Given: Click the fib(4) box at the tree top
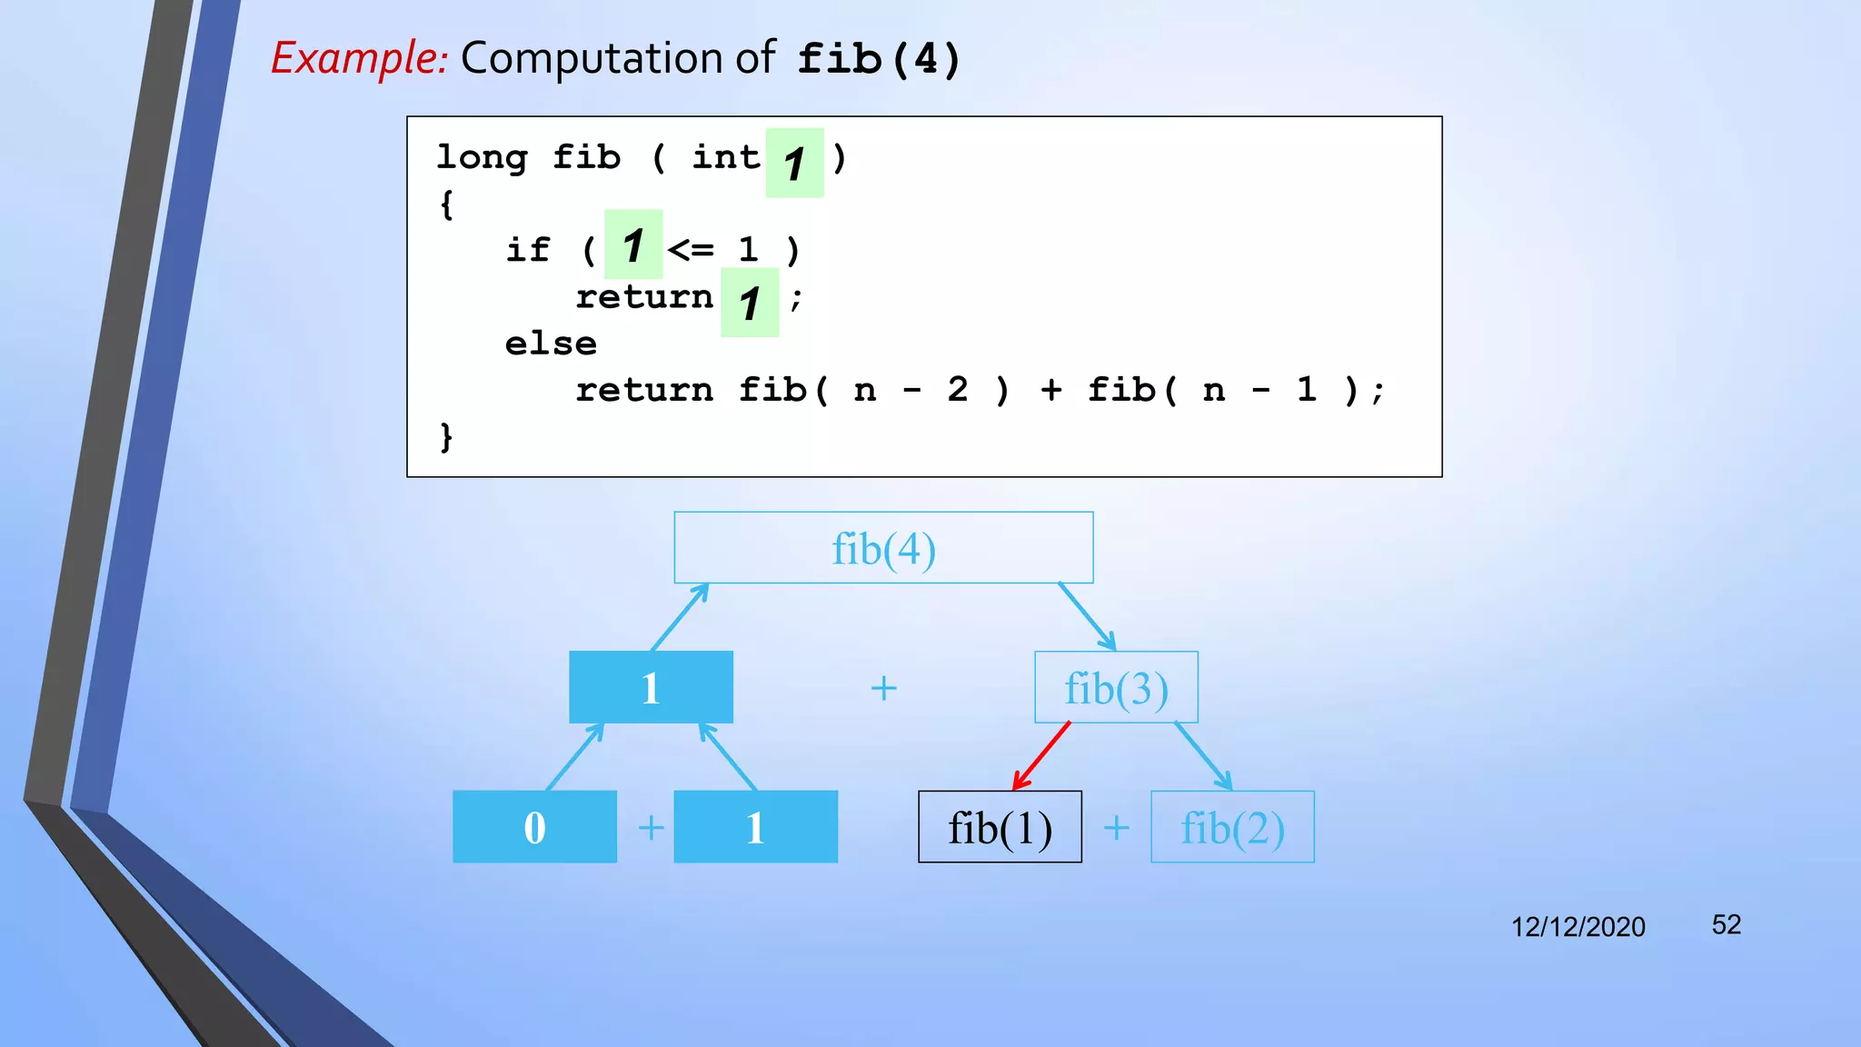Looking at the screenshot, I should point(883,548).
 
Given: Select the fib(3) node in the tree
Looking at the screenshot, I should point(1116,688).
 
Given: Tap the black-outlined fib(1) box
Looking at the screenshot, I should point(1000,827).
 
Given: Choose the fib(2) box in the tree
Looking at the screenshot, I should point(1232,827).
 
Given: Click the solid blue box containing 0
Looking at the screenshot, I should point(534,827).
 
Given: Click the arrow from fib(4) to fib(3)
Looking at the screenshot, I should point(1087,616).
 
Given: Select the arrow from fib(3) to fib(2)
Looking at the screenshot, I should point(1203,756).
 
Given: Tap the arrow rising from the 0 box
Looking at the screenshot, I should point(574,756).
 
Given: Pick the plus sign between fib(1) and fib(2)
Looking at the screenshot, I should point(1116,828).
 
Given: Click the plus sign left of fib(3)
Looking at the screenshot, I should point(883,688).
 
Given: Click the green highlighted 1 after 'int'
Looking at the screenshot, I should point(794,164).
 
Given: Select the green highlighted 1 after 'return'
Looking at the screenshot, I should point(750,303).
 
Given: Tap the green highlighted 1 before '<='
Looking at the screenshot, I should point(633,245).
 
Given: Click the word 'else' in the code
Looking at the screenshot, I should point(551,344).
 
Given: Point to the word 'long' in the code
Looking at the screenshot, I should point(482,158).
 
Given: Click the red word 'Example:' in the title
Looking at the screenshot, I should point(360,58).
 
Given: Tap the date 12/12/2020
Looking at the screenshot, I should point(1577,926).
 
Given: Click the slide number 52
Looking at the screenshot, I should point(1726,924).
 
